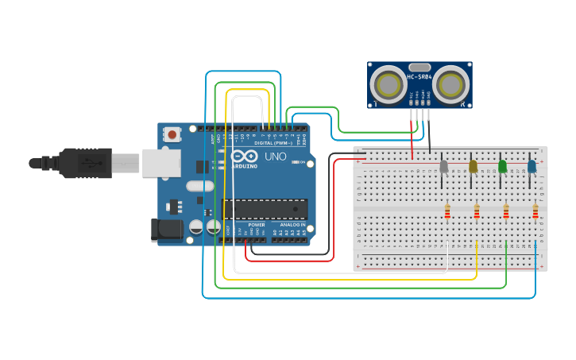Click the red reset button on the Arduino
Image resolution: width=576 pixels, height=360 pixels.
[172, 135]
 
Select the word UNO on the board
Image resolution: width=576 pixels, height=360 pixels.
[275, 157]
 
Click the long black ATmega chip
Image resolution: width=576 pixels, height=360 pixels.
[265, 209]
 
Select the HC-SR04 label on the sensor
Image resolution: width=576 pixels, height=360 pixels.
[419, 77]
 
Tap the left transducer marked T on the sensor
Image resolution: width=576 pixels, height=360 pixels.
[389, 84]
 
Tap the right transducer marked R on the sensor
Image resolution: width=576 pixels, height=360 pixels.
[450, 84]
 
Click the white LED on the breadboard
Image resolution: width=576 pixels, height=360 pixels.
[443, 166]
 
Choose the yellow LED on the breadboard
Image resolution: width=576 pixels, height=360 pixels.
[473, 166]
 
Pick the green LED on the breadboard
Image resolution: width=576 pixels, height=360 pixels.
[502, 166]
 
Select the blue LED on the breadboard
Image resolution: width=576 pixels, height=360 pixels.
[532, 166]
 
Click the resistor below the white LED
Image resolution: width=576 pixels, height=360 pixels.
[447, 211]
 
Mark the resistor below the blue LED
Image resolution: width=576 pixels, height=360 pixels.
[535, 211]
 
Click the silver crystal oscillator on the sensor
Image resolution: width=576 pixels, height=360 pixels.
[419, 68]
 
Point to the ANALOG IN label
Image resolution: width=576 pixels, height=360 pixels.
[292, 225]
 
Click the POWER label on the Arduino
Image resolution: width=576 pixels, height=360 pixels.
[257, 225]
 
